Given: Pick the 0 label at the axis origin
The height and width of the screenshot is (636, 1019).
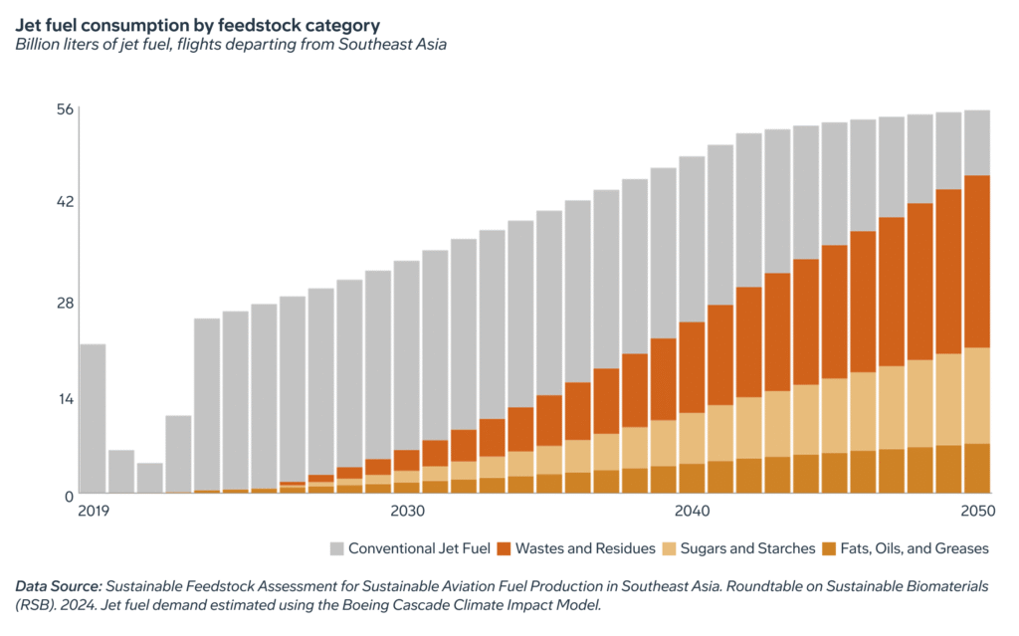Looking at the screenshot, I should tap(70, 495).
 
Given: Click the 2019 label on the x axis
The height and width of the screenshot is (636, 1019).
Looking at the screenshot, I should tap(93, 512).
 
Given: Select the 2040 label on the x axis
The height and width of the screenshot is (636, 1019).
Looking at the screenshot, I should tap(692, 512).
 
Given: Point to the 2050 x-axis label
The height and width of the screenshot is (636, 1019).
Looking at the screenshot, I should tap(977, 512).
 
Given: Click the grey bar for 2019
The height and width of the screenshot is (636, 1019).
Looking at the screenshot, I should tap(93, 418).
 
